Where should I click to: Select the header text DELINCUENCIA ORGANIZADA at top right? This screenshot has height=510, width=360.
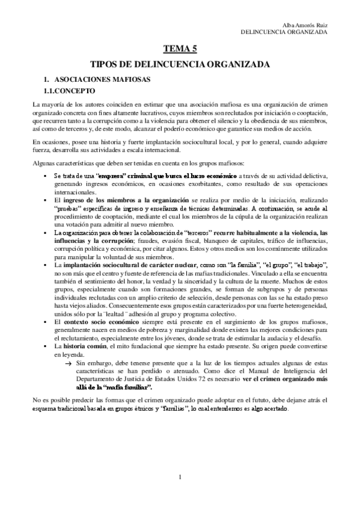point(283,32)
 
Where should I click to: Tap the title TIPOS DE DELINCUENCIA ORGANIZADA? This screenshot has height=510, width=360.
point(180,64)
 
